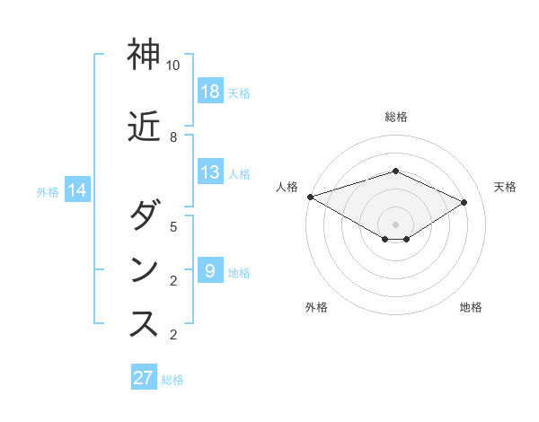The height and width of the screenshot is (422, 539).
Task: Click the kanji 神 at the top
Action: pyautogui.click(x=144, y=56)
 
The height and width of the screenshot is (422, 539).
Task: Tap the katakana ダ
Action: pyautogui.click(x=144, y=216)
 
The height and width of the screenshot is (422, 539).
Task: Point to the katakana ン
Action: pyautogui.click(x=144, y=270)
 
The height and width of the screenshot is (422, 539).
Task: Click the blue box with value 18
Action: pyautogui.click(x=210, y=91)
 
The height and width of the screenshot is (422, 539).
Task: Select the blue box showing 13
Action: pyautogui.click(x=210, y=172)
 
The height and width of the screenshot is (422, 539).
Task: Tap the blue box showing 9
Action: pyautogui.click(x=210, y=270)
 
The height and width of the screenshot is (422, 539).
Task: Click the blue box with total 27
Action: pyautogui.click(x=144, y=378)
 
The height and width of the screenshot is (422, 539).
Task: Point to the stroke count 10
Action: pyautogui.click(x=173, y=66)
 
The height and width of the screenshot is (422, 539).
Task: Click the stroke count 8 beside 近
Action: pyautogui.click(x=173, y=137)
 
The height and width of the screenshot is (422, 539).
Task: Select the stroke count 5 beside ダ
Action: pyautogui.click(x=173, y=227)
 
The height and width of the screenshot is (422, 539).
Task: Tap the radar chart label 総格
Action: pyautogui.click(x=396, y=117)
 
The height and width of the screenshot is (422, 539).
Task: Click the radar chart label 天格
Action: pyautogui.click(x=505, y=187)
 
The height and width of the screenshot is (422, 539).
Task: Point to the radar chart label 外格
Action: pyautogui.click(x=316, y=307)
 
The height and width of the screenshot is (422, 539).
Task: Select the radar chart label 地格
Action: pyautogui.click(x=471, y=307)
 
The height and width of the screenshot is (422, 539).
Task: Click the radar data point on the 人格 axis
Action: pyautogui.click(x=310, y=196)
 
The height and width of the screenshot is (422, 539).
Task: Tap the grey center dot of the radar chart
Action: pyautogui.click(x=396, y=224)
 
